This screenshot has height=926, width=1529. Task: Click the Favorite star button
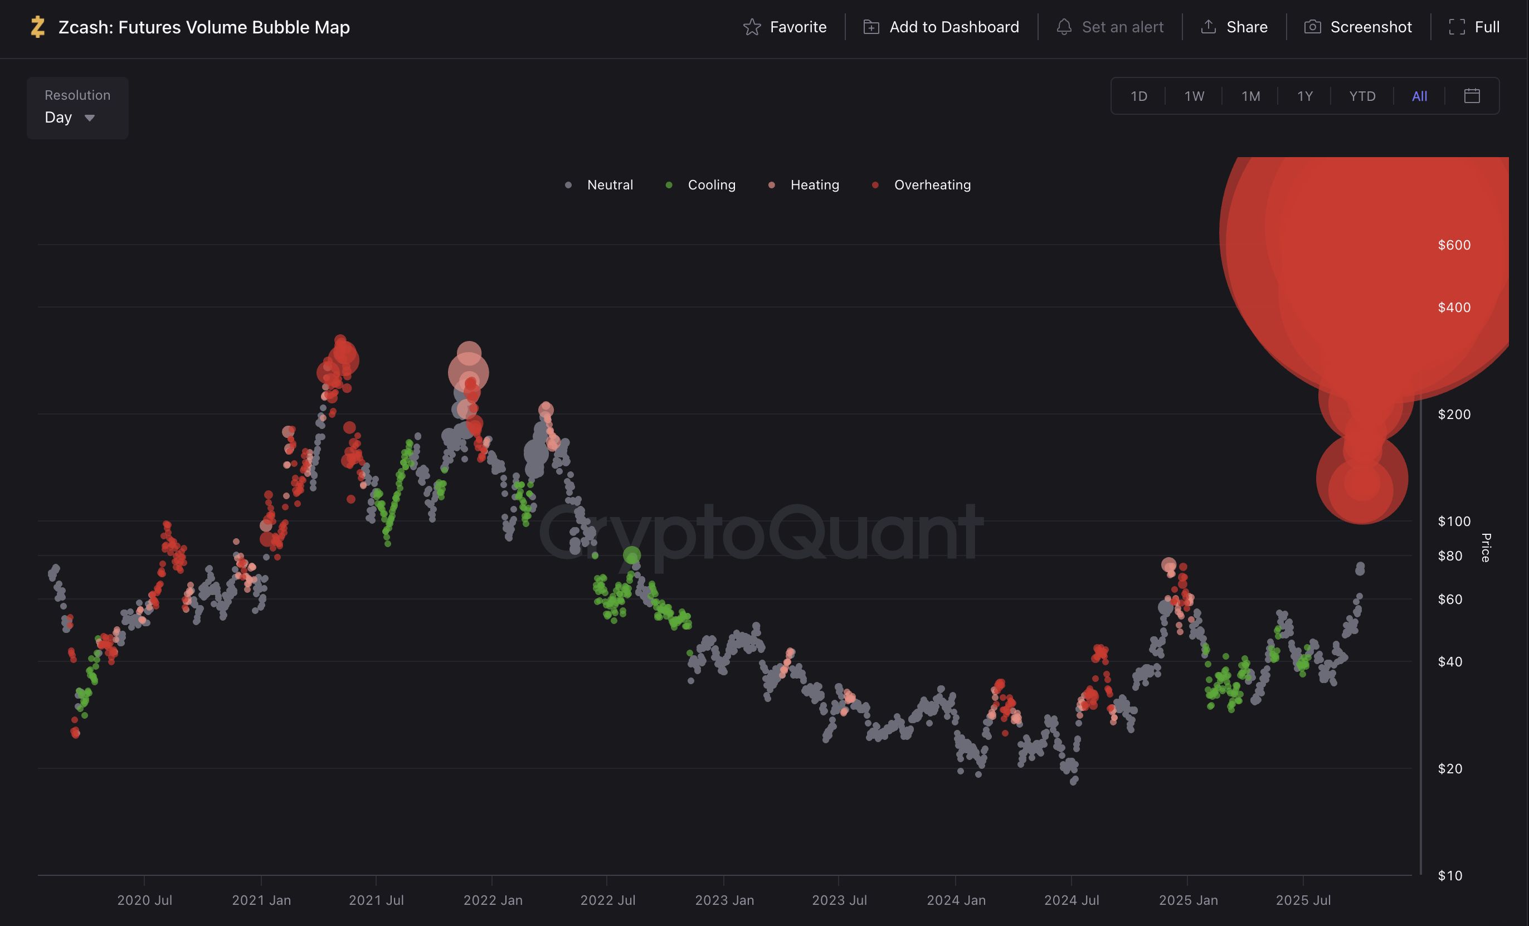tap(785, 27)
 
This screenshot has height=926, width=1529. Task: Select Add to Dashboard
tap(941, 27)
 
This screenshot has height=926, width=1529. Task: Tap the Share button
tap(1234, 27)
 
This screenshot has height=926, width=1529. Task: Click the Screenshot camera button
tap(1358, 27)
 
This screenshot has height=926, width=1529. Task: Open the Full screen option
tap(1474, 27)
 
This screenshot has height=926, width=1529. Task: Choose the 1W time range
tap(1194, 96)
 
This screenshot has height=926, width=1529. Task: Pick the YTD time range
tap(1362, 96)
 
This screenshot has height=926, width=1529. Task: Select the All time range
tap(1419, 96)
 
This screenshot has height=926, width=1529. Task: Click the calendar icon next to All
tap(1472, 96)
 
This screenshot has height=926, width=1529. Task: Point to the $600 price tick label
tap(1454, 245)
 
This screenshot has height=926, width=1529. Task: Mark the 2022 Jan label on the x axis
tap(493, 900)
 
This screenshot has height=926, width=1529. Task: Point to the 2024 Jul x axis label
tap(1072, 900)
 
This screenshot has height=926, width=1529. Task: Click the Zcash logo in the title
tap(38, 27)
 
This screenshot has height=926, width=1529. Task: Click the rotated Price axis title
tap(1486, 547)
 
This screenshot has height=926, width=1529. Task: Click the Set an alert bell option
tap(1110, 27)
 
